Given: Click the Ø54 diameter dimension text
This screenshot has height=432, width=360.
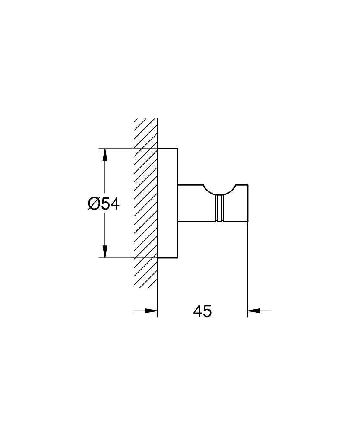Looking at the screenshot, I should tap(104, 203).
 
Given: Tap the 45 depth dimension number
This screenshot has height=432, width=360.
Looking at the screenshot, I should tap(202, 311).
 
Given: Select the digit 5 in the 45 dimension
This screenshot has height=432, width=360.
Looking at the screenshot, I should tap(208, 311).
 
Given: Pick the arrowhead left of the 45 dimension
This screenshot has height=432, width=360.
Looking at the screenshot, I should tap(151, 310).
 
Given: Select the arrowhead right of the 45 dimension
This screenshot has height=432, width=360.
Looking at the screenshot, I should tap(254, 310).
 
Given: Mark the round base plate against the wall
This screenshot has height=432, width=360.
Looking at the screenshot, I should tap(167, 203).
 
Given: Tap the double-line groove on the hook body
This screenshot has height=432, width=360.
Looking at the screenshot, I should tap(220, 208).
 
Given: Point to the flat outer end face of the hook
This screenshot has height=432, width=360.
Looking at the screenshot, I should tap(248, 203).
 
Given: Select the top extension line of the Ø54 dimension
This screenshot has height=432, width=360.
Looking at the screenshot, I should tap(125, 149).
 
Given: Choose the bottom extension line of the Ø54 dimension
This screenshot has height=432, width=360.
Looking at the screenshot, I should tap(125, 258).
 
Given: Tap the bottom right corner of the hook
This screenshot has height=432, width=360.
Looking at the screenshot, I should tap(248, 222).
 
